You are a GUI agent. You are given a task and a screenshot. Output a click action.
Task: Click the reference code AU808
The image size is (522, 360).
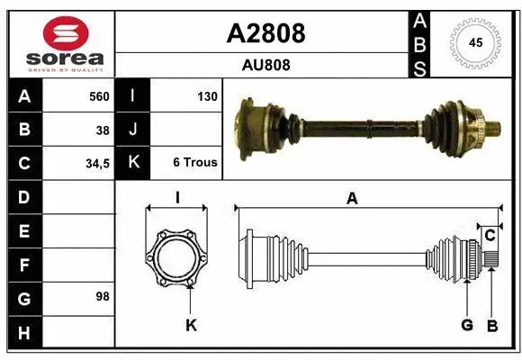tap(265, 65)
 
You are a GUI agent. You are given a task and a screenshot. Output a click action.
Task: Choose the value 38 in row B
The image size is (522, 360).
tap(103, 130)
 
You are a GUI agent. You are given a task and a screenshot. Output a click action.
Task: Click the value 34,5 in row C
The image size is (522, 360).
tap(96, 163)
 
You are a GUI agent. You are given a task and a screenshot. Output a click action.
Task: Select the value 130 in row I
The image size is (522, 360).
tap(206, 96)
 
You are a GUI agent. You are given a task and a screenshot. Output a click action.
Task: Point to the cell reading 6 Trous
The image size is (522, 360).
tap(194, 163)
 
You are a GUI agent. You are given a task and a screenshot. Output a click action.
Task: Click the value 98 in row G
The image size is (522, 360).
tap(103, 296)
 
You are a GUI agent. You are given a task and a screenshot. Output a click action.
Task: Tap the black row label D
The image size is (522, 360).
tap(23, 196)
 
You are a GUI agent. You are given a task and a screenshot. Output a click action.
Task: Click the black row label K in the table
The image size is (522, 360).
tap(132, 163)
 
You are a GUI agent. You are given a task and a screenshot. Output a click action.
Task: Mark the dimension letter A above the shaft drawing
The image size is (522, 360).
tap(352, 199)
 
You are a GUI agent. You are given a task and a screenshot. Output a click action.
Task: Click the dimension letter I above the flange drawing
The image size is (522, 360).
tap(177, 198)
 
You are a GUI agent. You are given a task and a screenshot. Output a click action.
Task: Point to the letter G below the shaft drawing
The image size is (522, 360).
tap(466, 325)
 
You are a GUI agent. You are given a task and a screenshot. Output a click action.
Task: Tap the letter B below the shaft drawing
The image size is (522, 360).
tap(491, 325)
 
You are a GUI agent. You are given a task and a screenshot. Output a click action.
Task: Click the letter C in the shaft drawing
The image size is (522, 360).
tap(490, 236)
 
